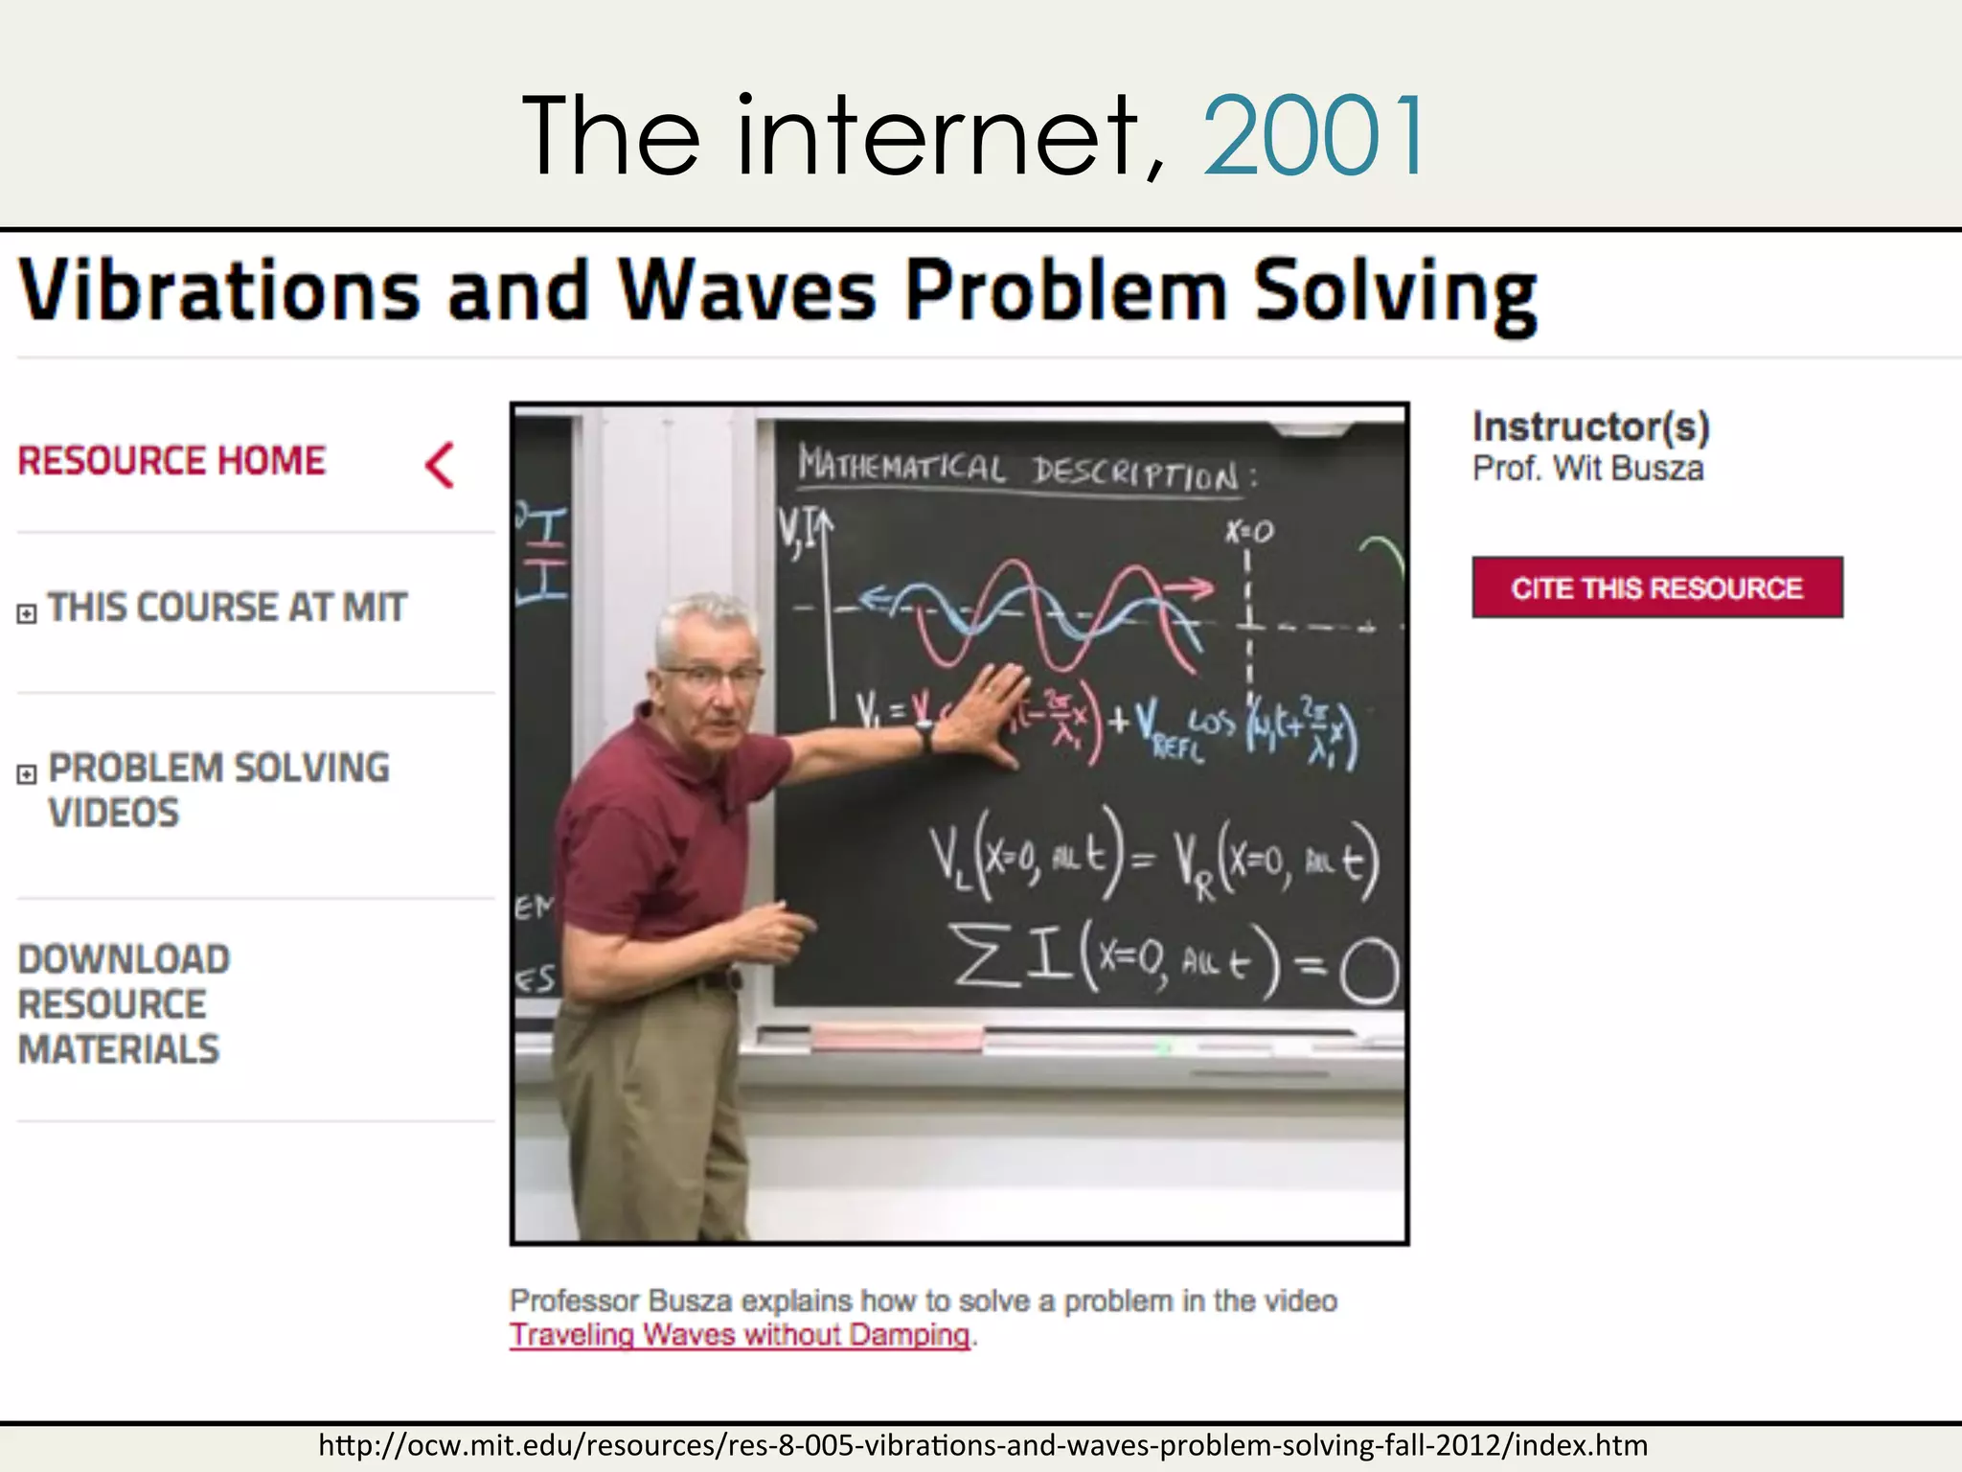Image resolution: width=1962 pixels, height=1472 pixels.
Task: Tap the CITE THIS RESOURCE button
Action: click(x=1656, y=587)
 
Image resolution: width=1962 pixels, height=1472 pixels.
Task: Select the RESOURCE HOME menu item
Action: click(x=172, y=461)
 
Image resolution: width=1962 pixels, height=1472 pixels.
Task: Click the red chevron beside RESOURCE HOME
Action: click(x=440, y=466)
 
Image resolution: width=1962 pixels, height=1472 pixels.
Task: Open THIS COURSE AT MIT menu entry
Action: click(x=227, y=608)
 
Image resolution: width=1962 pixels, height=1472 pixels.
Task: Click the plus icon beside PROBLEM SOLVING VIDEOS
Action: click(x=28, y=774)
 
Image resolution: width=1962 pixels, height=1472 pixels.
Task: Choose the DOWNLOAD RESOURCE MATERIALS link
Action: click(x=124, y=1004)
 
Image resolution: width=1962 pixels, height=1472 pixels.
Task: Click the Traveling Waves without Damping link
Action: click(x=740, y=1335)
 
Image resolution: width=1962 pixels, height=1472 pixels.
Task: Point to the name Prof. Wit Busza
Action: click(x=1587, y=469)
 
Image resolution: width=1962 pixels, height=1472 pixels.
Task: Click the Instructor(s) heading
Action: click(x=1590, y=426)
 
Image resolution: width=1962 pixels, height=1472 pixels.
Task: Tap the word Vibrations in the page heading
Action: click(x=219, y=289)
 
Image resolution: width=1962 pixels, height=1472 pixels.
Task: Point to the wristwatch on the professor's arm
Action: click(x=924, y=735)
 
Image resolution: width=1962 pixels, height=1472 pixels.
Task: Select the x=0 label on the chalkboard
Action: click(x=1249, y=532)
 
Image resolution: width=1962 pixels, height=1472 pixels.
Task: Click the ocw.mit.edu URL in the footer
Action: click(x=983, y=1445)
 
